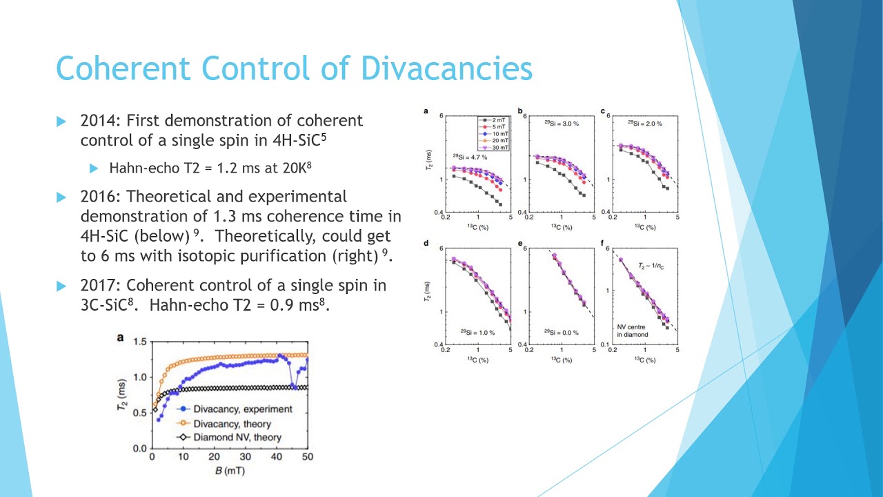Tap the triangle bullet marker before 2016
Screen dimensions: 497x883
point(61,197)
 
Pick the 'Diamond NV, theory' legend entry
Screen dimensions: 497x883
point(237,438)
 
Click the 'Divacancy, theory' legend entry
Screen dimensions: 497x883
point(232,424)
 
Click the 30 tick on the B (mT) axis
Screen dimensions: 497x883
point(246,458)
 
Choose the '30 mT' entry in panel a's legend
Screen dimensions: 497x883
point(499,148)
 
